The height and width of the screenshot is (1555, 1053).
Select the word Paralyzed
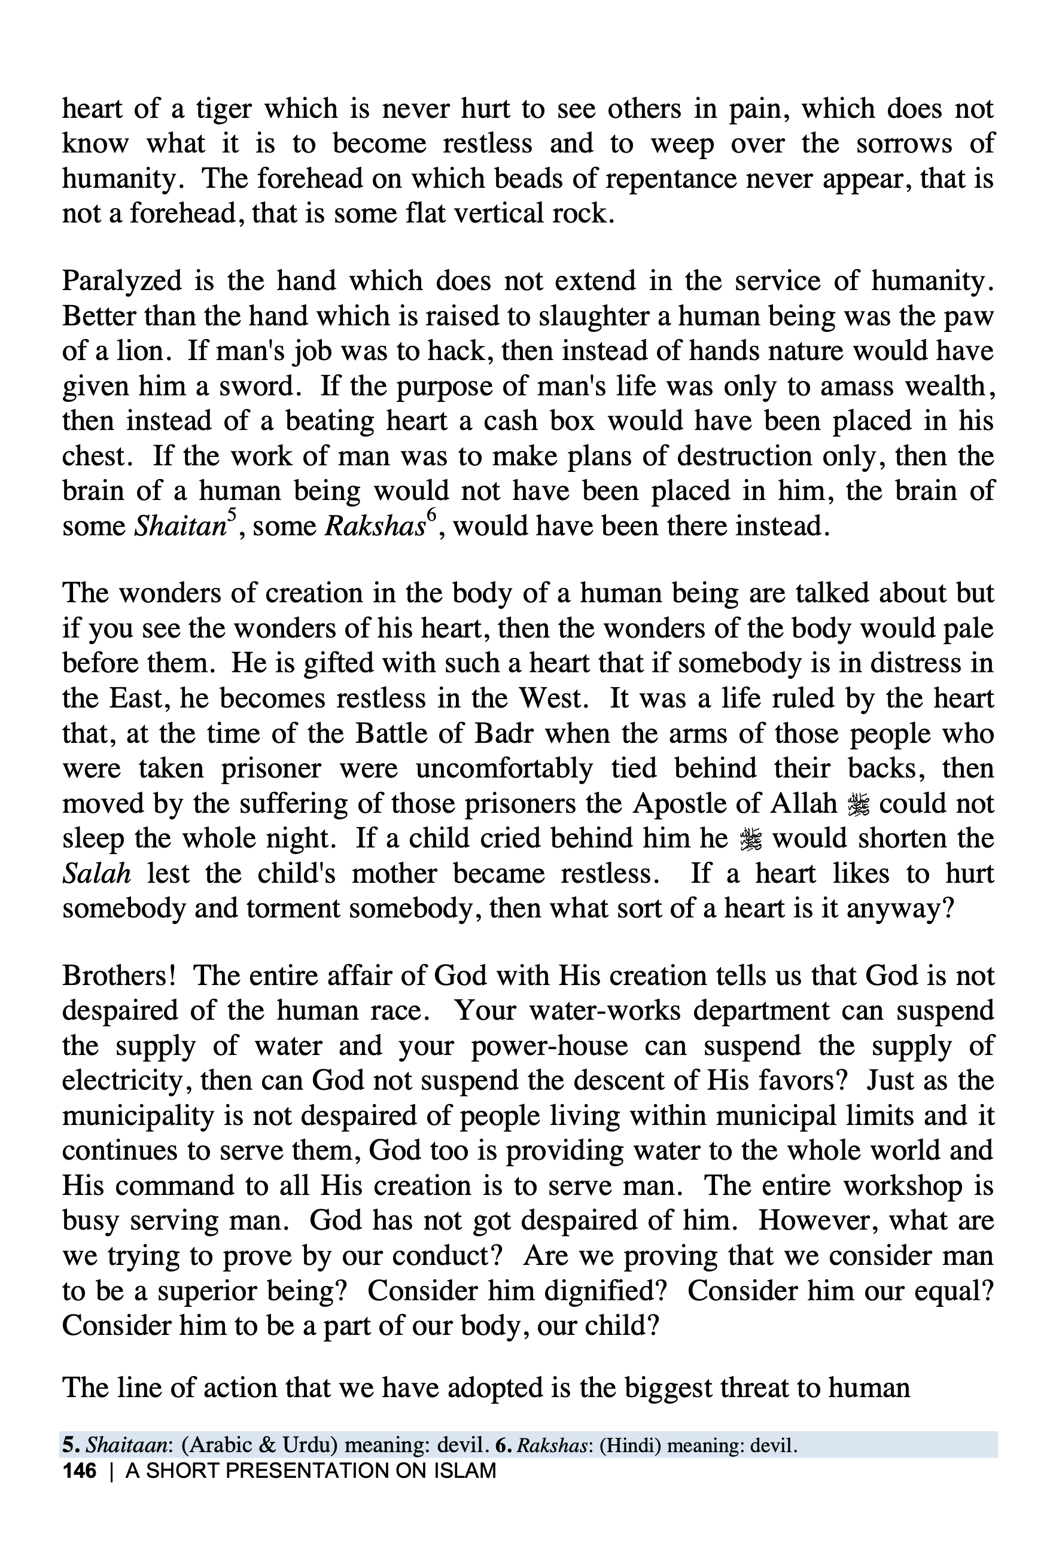(122, 281)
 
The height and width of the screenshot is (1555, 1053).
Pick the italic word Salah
(96, 874)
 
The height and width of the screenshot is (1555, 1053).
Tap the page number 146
(79, 1471)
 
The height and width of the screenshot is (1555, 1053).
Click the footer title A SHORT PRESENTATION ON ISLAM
(311, 1471)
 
